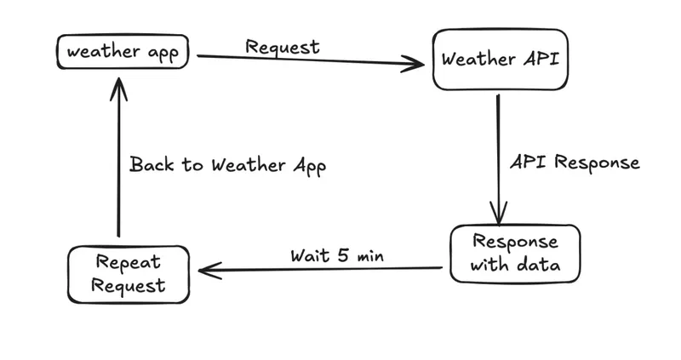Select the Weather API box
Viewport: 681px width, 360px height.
500,60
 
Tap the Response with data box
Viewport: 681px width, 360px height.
515,253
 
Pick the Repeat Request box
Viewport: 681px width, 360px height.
128,274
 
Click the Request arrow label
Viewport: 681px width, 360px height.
283,46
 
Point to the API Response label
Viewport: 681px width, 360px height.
574,162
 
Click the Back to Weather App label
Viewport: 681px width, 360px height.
227,164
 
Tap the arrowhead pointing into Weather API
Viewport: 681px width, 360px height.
415,64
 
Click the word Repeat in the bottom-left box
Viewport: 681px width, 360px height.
128,261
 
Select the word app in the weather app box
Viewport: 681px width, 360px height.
163,53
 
